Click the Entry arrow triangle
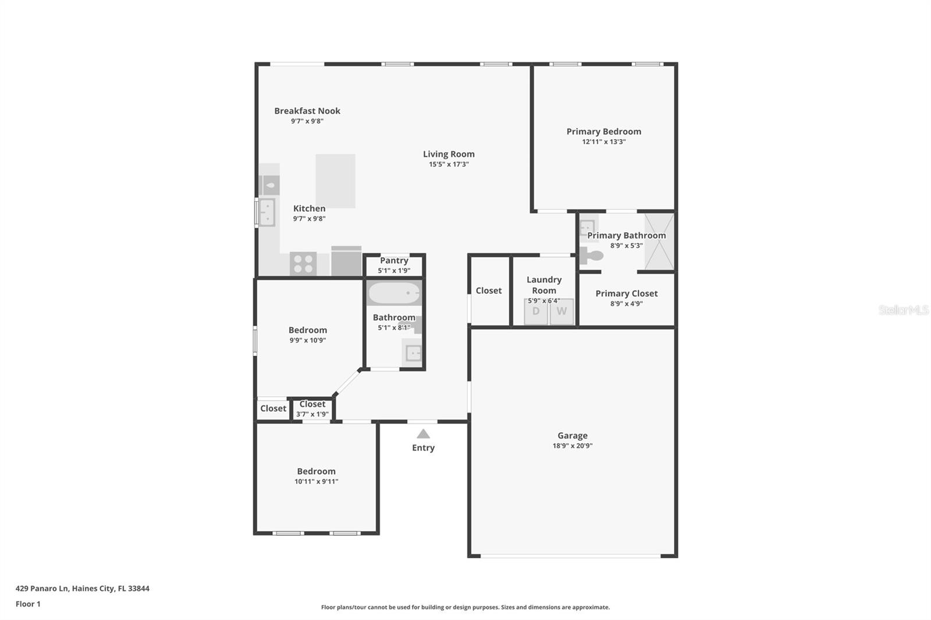click(423, 434)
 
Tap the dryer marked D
click(536, 311)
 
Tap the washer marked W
click(562, 311)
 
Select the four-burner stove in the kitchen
click(303, 263)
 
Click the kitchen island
click(335, 181)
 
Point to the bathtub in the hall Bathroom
click(394, 293)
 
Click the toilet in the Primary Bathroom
click(591, 255)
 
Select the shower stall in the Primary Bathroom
click(659, 241)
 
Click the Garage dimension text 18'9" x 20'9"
click(572, 446)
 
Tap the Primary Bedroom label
click(603, 131)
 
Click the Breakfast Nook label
click(307, 111)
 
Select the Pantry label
click(394, 261)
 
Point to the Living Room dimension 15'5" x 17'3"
click(449, 165)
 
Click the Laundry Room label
click(543, 285)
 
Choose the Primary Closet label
click(626, 294)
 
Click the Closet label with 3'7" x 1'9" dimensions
click(312, 404)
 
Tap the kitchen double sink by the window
click(267, 212)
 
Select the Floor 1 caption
click(28, 604)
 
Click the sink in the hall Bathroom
click(413, 352)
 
